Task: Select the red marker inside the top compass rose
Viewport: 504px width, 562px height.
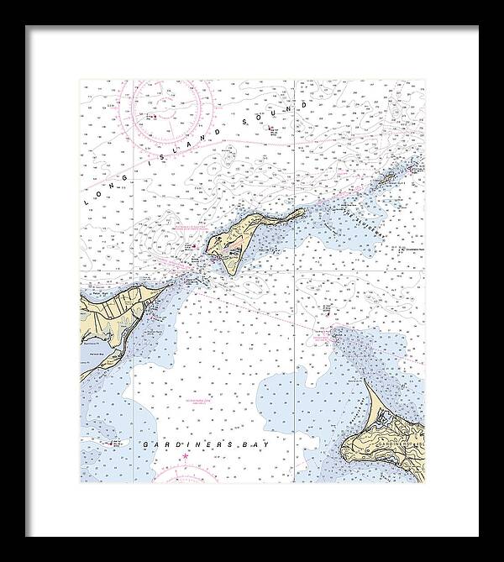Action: [x=152, y=115]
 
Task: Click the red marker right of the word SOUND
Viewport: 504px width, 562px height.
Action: [x=273, y=128]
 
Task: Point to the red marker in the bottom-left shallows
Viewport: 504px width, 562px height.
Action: [x=109, y=441]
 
